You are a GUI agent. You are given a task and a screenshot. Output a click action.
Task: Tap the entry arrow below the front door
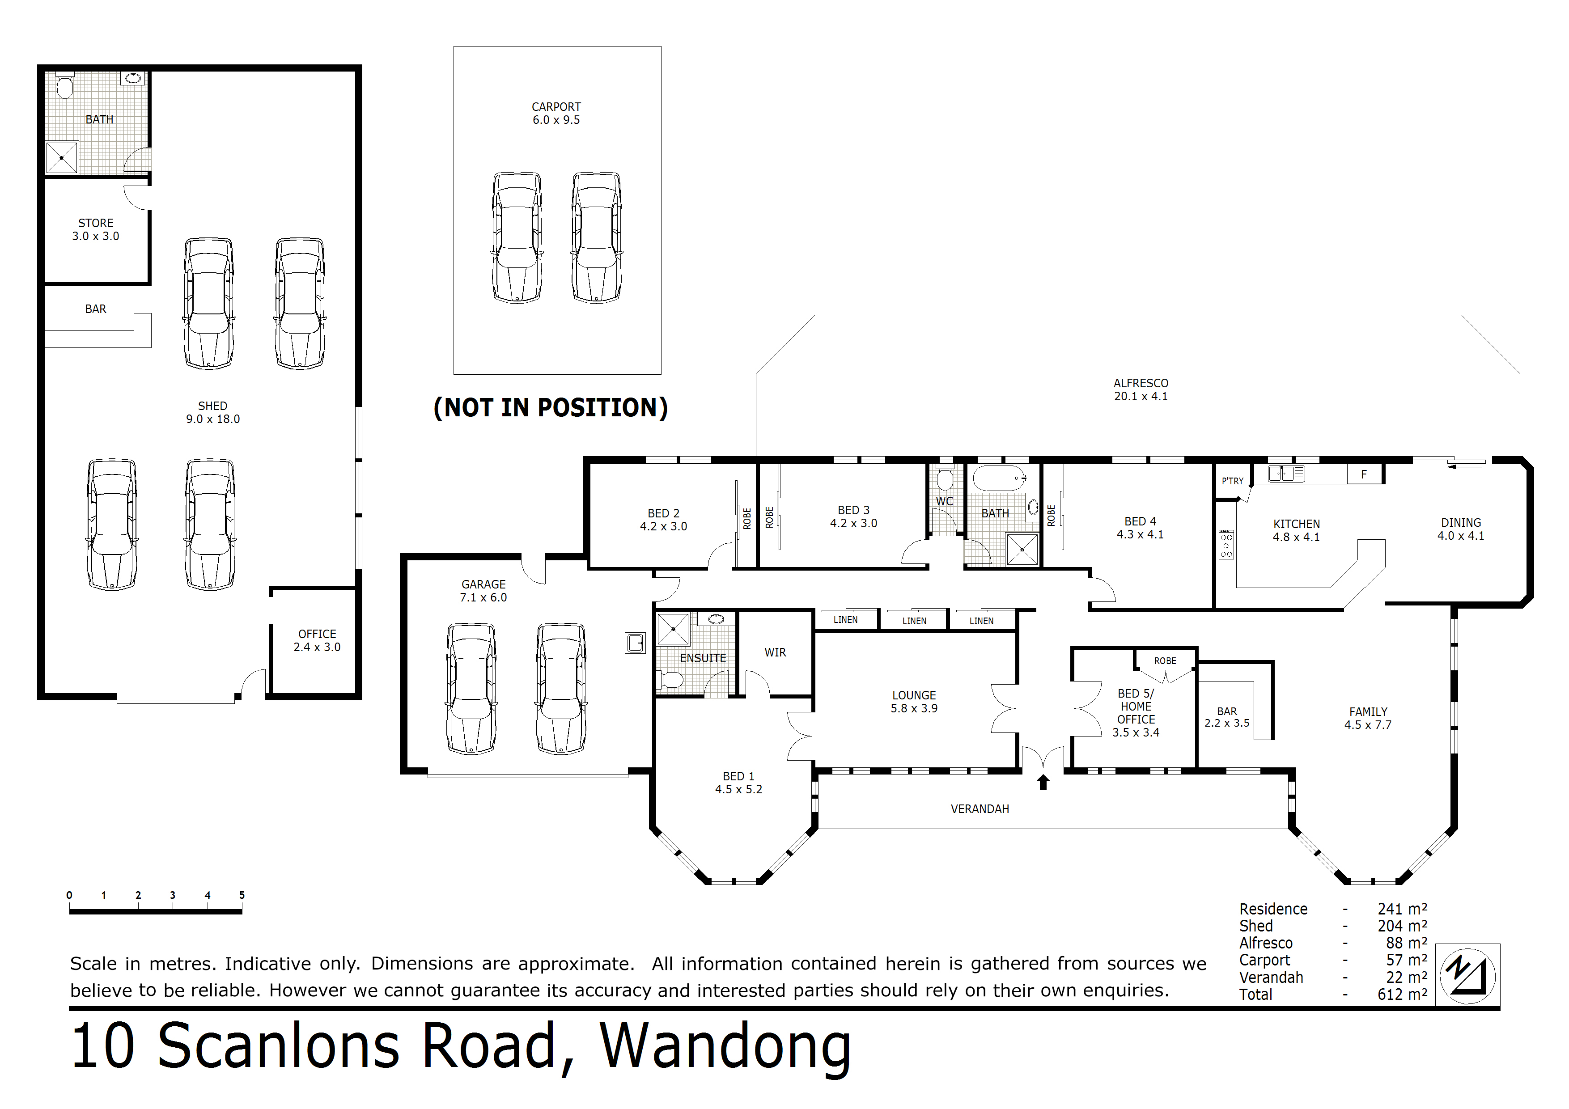tap(1043, 783)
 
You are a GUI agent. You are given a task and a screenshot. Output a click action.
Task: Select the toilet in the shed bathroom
tap(65, 87)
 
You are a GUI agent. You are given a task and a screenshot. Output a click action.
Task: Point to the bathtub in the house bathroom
tap(1000, 478)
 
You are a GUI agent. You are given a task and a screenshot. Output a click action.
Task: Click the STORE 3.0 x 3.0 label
tap(96, 229)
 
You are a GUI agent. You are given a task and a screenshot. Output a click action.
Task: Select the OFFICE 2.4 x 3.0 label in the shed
tap(317, 640)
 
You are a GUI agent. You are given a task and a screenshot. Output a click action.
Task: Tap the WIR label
tap(775, 652)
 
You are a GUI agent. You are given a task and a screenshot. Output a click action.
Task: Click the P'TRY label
tap(1232, 481)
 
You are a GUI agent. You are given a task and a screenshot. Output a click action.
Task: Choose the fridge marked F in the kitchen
tap(1363, 474)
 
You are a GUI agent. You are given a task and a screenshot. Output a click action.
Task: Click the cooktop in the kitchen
tap(1226, 545)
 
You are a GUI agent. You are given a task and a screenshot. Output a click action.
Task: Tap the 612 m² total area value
tap(1402, 994)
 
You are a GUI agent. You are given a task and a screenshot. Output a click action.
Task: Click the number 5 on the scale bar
tap(242, 895)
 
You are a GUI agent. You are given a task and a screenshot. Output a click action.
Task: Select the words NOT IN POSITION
tap(550, 408)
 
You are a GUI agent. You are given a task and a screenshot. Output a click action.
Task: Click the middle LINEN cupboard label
tap(914, 621)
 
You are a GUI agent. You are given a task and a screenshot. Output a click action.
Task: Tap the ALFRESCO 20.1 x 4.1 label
tap(1141, 389)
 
